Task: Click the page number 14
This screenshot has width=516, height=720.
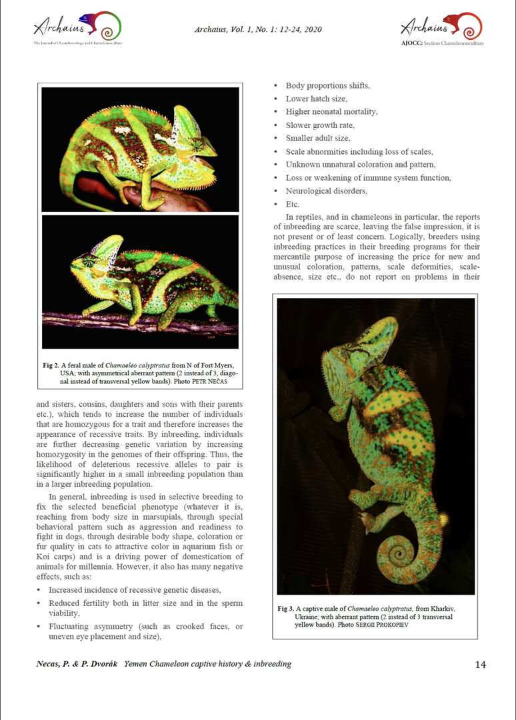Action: coord(481,664)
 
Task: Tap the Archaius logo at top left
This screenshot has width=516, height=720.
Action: coord(77,28)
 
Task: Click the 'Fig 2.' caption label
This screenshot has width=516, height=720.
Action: coord(51,365)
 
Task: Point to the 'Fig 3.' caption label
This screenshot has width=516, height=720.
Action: coord(285,609)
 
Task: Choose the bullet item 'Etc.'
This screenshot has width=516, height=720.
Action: coord(292,204)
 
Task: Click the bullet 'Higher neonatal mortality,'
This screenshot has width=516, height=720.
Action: coord(331,112)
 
